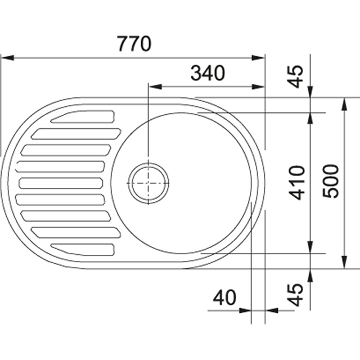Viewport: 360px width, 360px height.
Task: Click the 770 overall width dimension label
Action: tap(134, 44)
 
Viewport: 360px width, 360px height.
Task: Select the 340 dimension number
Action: tap(208, 73)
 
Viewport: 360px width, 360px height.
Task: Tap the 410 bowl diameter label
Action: tap(297, 182)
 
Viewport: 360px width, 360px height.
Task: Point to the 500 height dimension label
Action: tap(331, 181)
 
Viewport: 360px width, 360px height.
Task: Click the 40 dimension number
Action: tap(224, 298)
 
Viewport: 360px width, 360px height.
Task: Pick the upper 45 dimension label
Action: tap(296, 76)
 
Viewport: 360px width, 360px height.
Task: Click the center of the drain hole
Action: tap(148, 183)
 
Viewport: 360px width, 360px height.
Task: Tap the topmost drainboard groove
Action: tap(83, 116)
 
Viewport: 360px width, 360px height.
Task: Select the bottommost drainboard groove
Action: tap(83, 249)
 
